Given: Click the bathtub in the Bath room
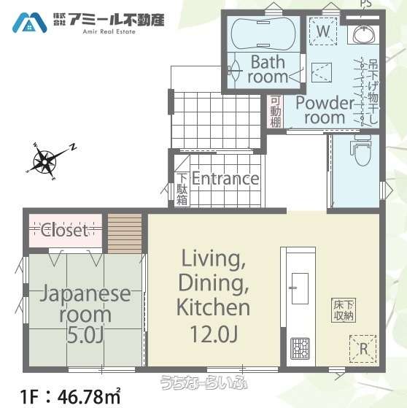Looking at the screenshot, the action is point(263,34).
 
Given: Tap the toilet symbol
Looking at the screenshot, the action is point(362,151).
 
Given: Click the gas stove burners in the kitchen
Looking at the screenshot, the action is point(300,348).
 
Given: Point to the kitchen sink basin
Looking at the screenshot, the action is point(300,288).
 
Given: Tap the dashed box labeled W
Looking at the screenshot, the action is point(323,31).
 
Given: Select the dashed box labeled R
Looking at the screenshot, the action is point(363,349).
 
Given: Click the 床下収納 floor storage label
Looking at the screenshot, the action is point(344,310).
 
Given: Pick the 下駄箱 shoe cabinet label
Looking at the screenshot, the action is point(182,189).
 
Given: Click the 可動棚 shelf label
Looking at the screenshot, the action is point(276,112).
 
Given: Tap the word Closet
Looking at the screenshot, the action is point(65,231).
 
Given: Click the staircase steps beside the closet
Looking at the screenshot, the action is point(125,233).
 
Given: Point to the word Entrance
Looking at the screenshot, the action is point(225,179).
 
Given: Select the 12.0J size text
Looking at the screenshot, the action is point(214,334).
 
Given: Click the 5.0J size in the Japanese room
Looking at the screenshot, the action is point(85,336).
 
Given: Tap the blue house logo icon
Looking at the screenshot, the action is point(30,23).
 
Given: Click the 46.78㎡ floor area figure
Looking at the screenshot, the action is point(89,397).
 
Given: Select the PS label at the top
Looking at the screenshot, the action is point(366,4).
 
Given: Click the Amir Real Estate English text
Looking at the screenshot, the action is point(109,31).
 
